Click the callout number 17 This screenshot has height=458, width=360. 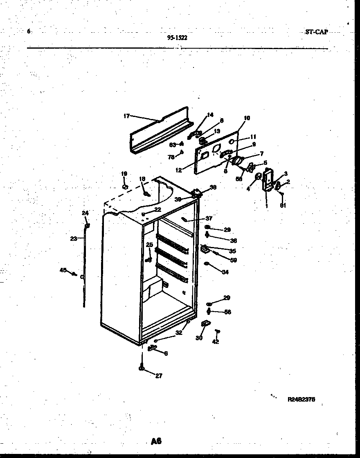point(126,116)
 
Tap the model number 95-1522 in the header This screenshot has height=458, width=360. point(178,38)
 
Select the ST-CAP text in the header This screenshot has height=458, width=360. point(316,32)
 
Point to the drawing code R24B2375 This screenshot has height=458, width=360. point(301,399)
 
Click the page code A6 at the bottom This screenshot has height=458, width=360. point(156,441)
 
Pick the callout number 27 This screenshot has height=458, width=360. point(158,376)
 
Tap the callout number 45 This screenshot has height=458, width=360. point(63,270)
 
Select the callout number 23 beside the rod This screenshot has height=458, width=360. point(74,239)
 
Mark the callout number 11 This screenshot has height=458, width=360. point(253,137)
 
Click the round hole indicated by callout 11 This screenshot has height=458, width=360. point(231,141)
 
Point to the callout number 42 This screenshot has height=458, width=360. point(216,342)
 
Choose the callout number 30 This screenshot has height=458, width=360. point(199,338)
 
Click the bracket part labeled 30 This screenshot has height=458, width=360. point(205,324)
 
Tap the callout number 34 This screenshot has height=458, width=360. point(225,272)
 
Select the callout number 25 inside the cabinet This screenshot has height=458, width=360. point(149,245)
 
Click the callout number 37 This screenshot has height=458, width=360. point(209,218)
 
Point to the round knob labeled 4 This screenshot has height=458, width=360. point(259,177)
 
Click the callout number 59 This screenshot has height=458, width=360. point(234,260)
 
